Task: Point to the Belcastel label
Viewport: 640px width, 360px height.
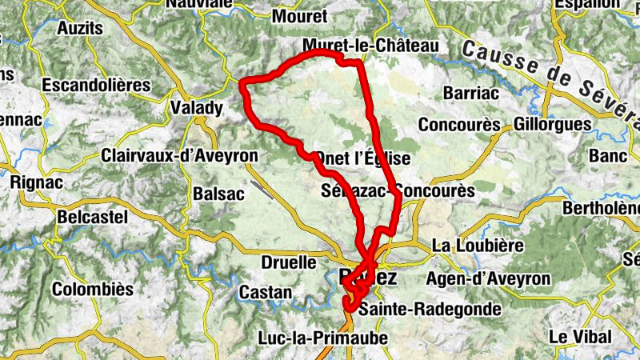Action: point(93,217)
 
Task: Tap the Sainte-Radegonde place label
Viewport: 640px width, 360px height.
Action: point(430,309)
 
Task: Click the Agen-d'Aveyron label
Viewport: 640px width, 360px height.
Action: point(489,279)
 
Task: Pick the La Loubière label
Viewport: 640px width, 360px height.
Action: point(477,245)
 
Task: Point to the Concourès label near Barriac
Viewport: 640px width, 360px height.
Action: point(459,126)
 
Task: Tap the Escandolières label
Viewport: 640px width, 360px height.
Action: point(96,85)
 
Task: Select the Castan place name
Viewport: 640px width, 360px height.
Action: point(266,293)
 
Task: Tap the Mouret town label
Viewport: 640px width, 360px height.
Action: point(300,16)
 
